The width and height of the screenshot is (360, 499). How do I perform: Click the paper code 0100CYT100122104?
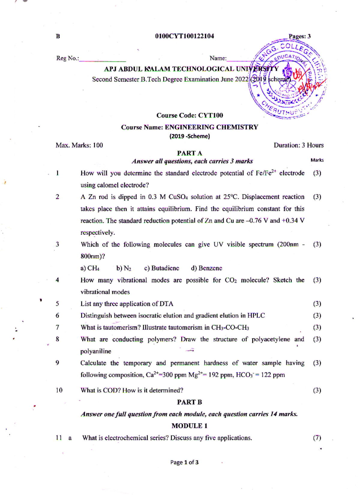[x=184, y=36]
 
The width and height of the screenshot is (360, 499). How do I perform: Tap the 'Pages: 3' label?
[x=299, y=36]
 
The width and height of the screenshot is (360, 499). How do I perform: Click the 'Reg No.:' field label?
[x=67, y=58]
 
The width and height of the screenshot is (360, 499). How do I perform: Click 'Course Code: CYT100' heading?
[x=190, y=116]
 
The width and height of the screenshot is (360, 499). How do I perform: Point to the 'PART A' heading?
[x=189, y=153]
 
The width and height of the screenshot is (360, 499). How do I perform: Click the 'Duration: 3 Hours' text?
[x=298, y=145]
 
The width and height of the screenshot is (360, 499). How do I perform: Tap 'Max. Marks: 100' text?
[x=79, y=145]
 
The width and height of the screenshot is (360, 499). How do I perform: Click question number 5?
[x=57, y=304]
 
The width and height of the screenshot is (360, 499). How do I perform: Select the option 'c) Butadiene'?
[x=161, y=268]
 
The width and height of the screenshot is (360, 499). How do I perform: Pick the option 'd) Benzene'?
[x=206, y=268]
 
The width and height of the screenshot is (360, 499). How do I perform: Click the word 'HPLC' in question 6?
[x=256, y=316]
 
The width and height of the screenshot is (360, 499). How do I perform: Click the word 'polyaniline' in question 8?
[x=96, y=351]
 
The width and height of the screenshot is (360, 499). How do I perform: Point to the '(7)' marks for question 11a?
[x=317, y=438]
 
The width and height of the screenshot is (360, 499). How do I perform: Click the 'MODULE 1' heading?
[x=189, y=426]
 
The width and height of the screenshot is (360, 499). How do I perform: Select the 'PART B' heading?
[x=189, y=402]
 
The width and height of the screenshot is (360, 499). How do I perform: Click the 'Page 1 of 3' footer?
[x=184, y=462]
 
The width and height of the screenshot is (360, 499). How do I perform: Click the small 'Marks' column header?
[x=317, y=160]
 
